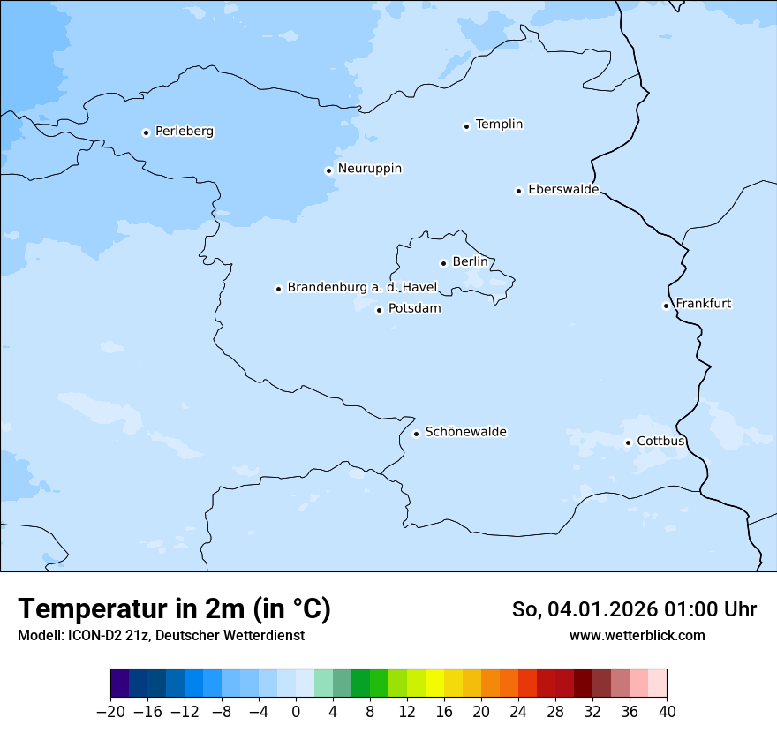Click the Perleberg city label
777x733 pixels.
point(184,132)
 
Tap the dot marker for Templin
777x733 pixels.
point(466,126)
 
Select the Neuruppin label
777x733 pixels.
point(369,169)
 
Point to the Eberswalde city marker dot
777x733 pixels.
point(519,191)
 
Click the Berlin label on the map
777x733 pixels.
point(470,262)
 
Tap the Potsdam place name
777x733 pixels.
point(414,309)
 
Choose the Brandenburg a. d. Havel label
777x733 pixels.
point(362,288)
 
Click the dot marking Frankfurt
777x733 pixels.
point(667,306)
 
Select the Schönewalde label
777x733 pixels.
point(465,432)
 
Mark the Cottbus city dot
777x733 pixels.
point(628,442)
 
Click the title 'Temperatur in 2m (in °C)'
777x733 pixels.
point(174,608)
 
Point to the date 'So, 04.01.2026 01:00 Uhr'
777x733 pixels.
point(633,609)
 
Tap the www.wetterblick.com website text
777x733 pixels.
point(637,635)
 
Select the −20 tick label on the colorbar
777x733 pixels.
point(110,712)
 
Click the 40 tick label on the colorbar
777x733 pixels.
point(667,712)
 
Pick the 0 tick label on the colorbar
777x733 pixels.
point(296,712)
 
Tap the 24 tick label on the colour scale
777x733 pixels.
point(518,712)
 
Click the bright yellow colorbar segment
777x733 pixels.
point(434,683)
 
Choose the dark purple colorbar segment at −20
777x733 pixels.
point(119,683)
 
